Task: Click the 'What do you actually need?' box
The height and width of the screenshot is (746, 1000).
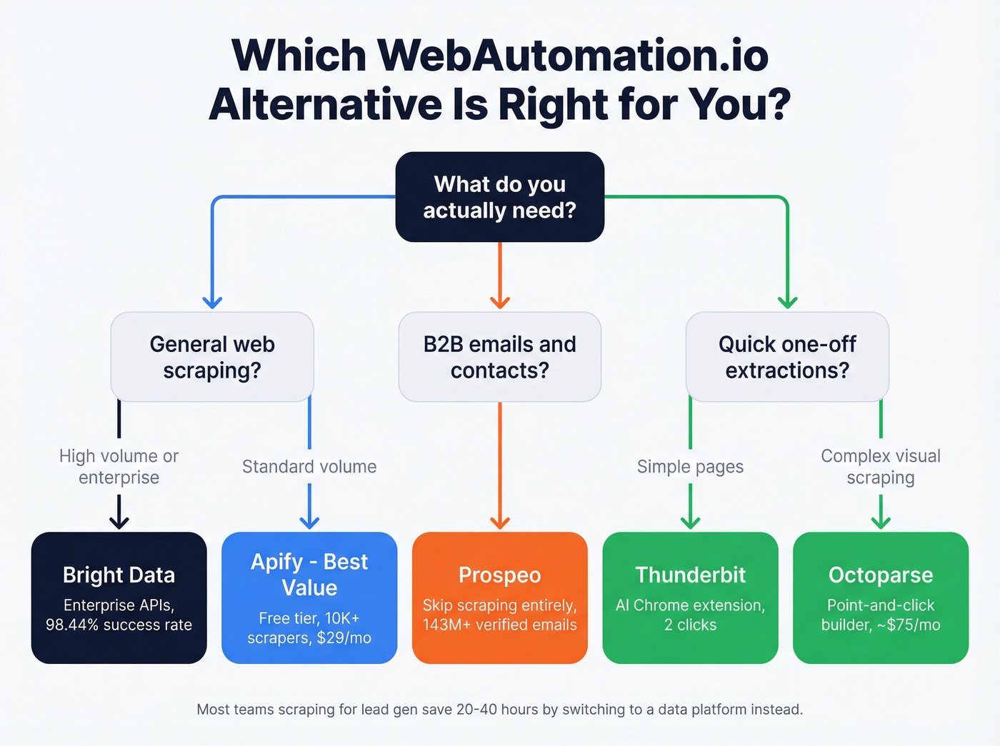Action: pos(500,197)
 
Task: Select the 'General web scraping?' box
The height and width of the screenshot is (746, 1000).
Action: pos(212,357)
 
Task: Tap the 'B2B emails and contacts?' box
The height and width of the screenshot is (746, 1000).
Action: pos(500,357)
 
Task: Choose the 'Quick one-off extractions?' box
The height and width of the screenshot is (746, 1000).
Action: pos(787,357)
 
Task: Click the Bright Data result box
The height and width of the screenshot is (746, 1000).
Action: pos(119,598)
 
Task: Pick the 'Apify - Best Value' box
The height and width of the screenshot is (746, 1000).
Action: pos(309,598)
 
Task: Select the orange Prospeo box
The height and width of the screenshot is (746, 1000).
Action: pos(500,598)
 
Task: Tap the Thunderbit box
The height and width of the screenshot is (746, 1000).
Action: pos(690,598)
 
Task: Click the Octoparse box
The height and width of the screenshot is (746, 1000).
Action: pos(881,598)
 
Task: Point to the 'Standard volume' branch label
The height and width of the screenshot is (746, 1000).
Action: pos(309,467)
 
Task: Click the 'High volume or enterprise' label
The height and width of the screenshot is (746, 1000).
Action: pos(119,467)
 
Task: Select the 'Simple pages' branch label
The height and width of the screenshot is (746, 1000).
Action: pos(690,467)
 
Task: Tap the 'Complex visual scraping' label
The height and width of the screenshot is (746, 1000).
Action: pos(881,467)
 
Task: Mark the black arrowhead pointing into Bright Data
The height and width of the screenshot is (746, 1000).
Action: pos(119,523)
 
